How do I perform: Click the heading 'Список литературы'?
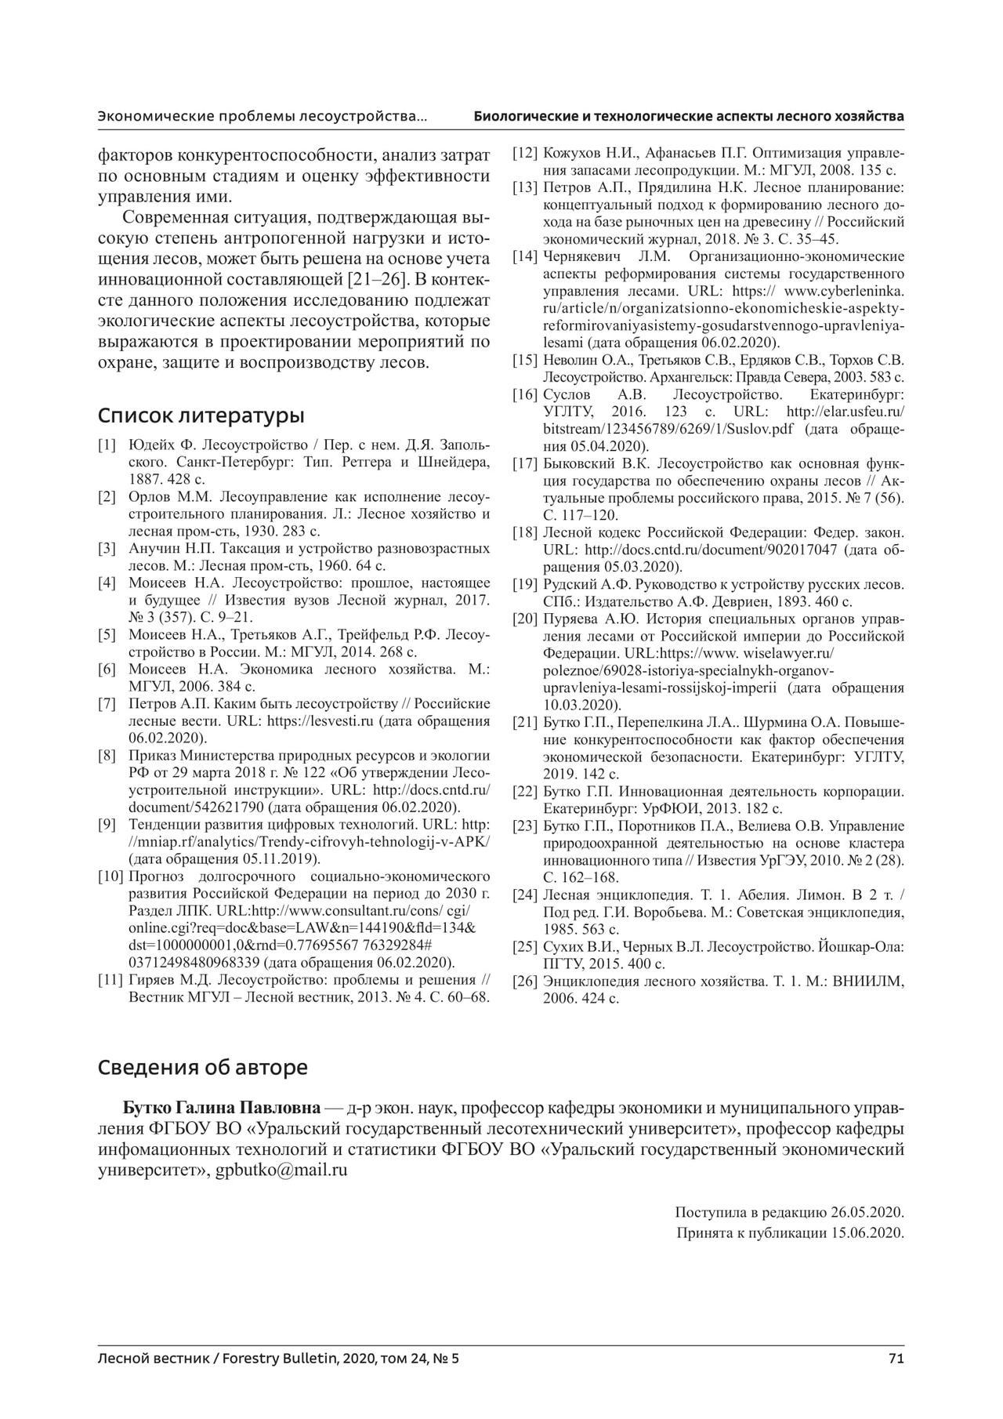click(x=201, y=415)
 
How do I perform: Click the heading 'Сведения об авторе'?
click(x=202, y=1067)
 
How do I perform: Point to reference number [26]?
click(x=524, y=981)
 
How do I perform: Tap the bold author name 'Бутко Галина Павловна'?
click(x=222, y=1108)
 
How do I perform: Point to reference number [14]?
click(x=524, y=256)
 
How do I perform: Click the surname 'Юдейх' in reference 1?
click(x=147, y=445)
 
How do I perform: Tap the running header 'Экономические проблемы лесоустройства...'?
click(x=263, y=117)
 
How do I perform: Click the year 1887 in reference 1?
click(x=144, y=478)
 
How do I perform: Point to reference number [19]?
click(x=524, y=584)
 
